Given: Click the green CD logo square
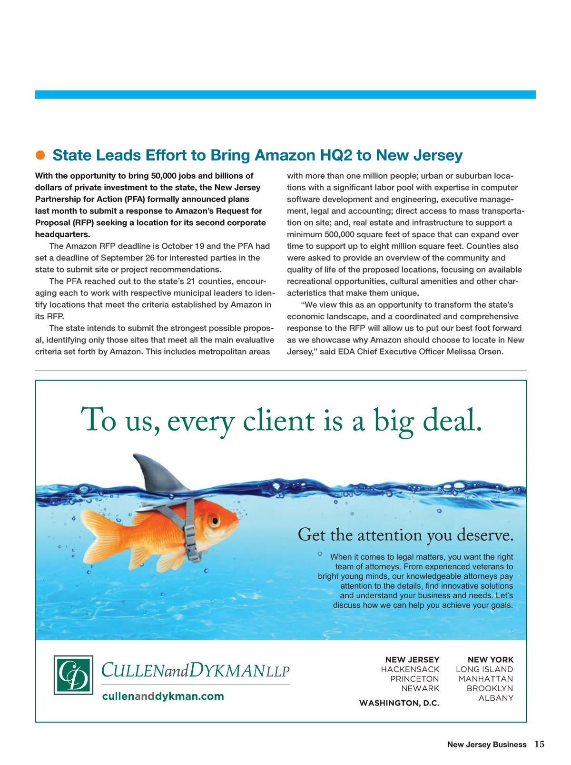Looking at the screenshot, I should click(x=73, y=675).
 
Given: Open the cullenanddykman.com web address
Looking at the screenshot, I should click(x=163, y=696).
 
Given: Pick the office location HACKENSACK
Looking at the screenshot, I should click(x=410, y=669).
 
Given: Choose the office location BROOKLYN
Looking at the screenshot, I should click(x=490, y=688).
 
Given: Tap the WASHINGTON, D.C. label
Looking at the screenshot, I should click(x=399, y=703).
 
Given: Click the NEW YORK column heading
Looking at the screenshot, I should click(x=490, y=660).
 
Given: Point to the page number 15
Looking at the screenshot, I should click(x=540, y=744).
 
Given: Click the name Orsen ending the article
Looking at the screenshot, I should click(x=490, y=352).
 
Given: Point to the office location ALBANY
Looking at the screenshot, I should click(x=496, y=698).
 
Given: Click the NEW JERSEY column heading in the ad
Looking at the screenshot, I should click(x=412, y=660).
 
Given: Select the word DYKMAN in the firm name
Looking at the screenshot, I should click(x=227, y=670).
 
